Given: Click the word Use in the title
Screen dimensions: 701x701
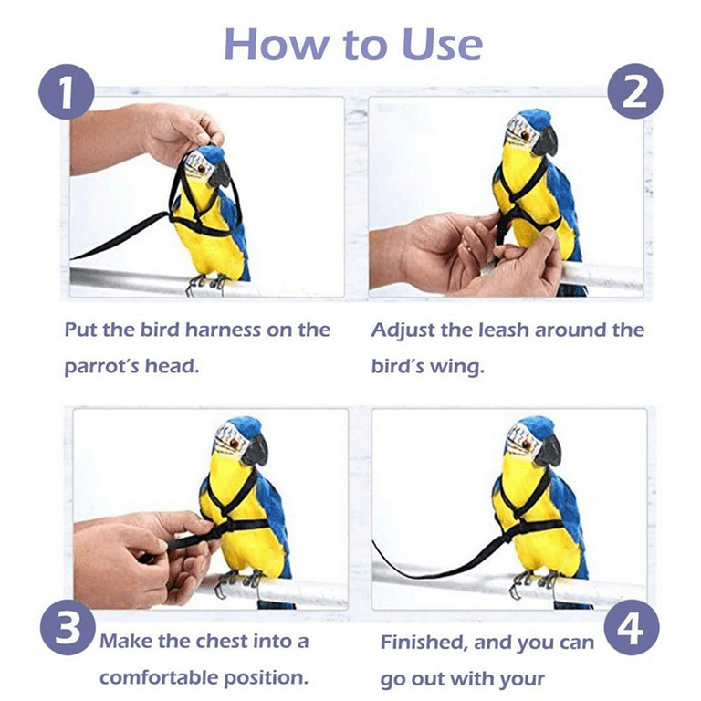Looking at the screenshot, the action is [x=442, y=44].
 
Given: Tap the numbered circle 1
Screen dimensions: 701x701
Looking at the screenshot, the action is [x=67, y=91].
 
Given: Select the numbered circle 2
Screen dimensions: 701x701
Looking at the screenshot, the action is [x=635, y=91].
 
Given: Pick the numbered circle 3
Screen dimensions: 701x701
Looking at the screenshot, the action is [x=68, y=627].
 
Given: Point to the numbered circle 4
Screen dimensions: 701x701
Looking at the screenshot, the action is [x=632, y=629].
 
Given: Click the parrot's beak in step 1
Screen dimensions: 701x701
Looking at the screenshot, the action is [x=220, y=173].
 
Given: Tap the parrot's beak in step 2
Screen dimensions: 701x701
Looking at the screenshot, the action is [x=546, y=140].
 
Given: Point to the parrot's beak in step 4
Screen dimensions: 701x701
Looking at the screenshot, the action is [x=548, y=451].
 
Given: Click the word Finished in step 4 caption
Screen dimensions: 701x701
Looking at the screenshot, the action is [x=424, y=643].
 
